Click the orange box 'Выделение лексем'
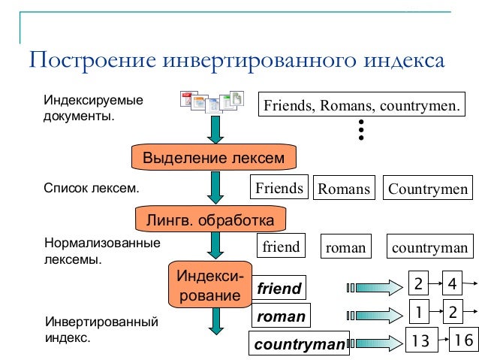[214, 158]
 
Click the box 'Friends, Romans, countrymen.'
[360, 105]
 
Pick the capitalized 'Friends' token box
[279, 187]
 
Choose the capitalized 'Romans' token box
[344, 188]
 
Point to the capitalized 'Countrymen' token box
[428, 188]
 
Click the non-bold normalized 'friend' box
[281, 247]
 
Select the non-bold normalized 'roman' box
[347, 247]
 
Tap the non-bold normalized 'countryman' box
[430, 247]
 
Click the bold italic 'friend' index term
[279, 288]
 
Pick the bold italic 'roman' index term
[281, 316]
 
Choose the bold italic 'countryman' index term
[300, 345]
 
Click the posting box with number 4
[452, 284]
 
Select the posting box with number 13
[421, 340]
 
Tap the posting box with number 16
[463, 340]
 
